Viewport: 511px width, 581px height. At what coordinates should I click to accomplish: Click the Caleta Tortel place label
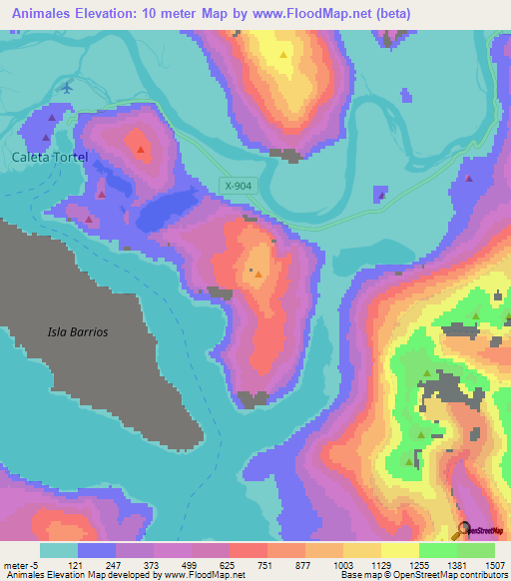[51, 158]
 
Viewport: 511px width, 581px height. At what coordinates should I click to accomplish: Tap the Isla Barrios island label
[77, 331]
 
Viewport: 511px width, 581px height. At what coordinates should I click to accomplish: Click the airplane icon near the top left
[67, 87]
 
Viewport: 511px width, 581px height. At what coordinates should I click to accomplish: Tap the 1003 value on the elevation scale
[343, 564]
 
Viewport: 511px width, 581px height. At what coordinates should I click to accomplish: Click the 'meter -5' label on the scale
[22, 564]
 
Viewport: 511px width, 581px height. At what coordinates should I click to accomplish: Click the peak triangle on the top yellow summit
[284, 54]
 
